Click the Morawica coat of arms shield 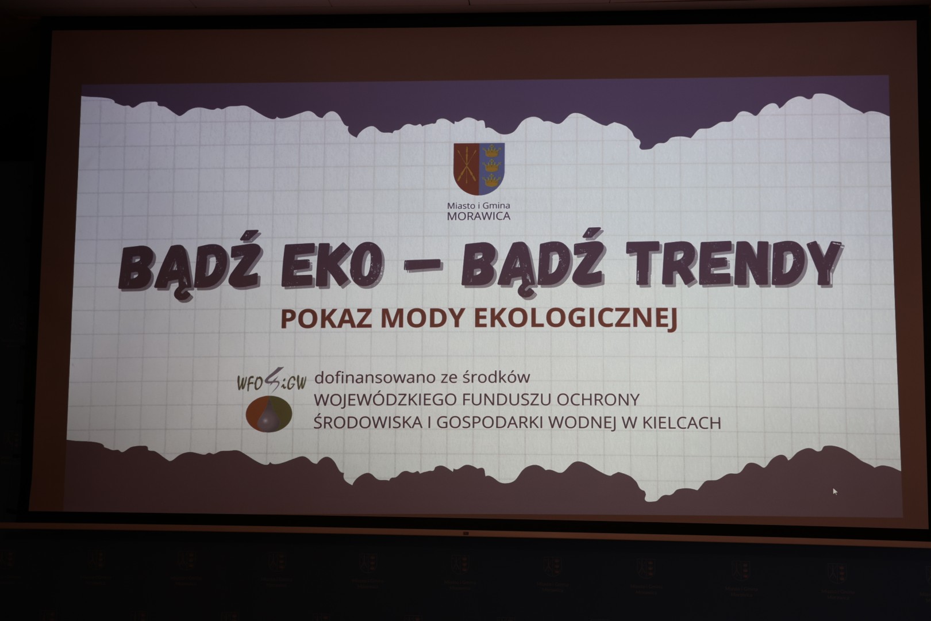tap(479, 168)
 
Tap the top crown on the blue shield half tap(492, 151)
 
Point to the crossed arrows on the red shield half tap(466, 166)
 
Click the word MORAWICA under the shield tap(478, 216)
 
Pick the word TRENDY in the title tap(734, 264)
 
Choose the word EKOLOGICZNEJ tap(576, 319)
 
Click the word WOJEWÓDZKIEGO tap(385, 400)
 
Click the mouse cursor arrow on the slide tap(835, 491)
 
